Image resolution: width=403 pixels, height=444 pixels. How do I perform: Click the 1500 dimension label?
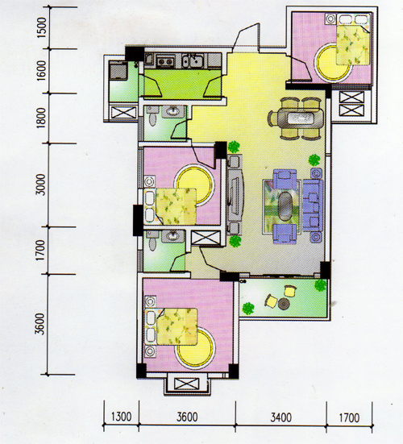(x=41, y=27)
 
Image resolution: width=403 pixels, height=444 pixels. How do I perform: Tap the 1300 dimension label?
(x=121, y=417)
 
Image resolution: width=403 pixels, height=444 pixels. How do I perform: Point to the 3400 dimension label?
(x=281, y=417)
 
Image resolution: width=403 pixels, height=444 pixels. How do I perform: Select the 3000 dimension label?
(x=41, y=185)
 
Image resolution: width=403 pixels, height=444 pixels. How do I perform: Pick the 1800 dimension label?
(x=41, y=118)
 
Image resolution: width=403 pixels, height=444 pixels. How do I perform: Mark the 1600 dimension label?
(x=41, y=70)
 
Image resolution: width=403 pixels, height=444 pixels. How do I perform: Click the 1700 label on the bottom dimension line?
(x=349, y=417)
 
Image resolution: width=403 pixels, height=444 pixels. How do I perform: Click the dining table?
(x=300, y=118)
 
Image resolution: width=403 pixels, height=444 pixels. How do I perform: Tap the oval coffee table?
(x=285, y=206)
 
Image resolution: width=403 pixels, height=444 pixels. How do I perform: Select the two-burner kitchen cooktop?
(x=165, y=61)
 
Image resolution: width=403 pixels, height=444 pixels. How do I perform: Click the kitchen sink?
(x=193, y=60)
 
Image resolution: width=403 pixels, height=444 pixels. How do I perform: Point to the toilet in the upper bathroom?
(x=152, y=117)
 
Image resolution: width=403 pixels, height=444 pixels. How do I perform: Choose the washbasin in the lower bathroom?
(x=172, y=236)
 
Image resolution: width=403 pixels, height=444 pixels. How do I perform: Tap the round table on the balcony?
(x=284, y=304)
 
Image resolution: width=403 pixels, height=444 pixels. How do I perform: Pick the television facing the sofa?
(x=234, y=194)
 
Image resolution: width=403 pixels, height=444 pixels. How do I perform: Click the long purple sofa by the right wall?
(x=313, y=205)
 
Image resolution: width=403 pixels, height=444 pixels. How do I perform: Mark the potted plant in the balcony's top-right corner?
(x=320, y=285)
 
